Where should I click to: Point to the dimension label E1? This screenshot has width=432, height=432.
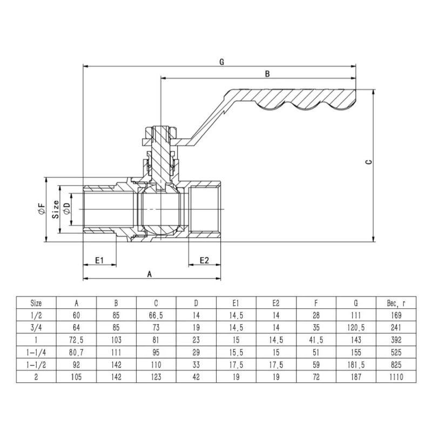click(x=99, y=260)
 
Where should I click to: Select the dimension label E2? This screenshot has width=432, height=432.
click(x=204, y=260)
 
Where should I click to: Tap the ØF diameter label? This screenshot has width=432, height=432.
click(x=41, y=210)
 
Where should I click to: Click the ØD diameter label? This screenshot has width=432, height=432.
click(x=66, y=209)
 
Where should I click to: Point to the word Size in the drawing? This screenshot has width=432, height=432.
click(x=55, y=209)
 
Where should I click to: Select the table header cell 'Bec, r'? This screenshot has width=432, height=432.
click(x=396, y=303)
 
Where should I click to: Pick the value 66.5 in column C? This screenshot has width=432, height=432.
click(x=156, y=315)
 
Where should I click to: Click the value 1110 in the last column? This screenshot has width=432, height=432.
click(x=396, y=377)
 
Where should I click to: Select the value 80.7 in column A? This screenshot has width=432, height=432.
click(x=76, y=353)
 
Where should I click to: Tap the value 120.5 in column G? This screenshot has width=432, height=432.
click(x=356, y=328)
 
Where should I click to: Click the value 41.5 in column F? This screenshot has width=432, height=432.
click(x=316, y=340)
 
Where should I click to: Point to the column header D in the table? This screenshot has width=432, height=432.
click(x=196, y=303)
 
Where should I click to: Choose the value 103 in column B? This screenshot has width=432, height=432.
click(x=116, y=340)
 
